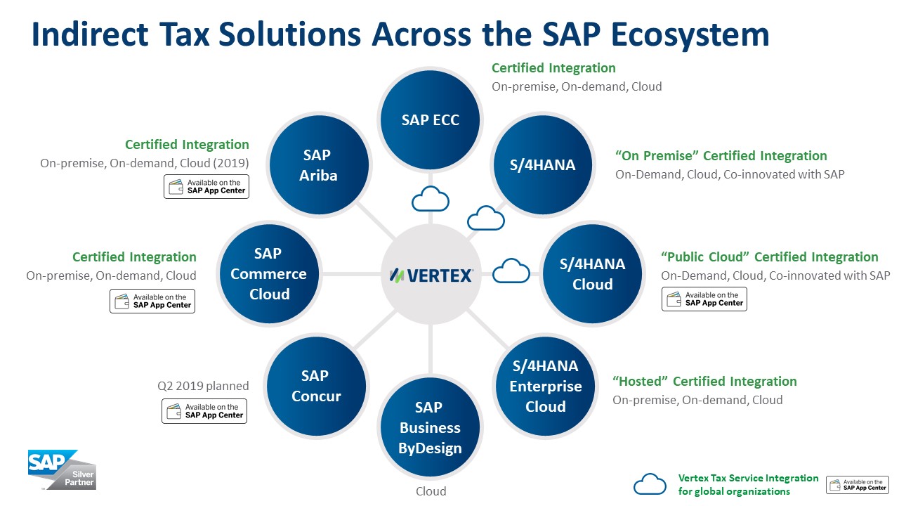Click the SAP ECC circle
(x=430, y=119)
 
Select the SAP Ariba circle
(x=319, y=164)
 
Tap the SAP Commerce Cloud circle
(x=269, y=274)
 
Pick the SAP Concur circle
(x=316, y=386)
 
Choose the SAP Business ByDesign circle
(x=430, y=427)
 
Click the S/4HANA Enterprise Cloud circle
(x=545, y=386)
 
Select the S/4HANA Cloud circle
(x=592, y=274)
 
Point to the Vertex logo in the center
(x=431, y=275)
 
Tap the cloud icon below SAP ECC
(x=431, y=199)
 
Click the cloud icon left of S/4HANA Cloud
(x=511, y=271)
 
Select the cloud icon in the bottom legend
(x=650, y=484)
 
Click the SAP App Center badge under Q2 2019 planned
(x=204, y=411)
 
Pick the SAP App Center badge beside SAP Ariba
(x=206, y=186)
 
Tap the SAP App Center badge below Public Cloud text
(x=704, y=299)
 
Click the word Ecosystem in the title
(x=655, y=34)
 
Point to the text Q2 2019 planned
(x=203, y=386)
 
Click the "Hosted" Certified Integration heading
(x=704, y=381)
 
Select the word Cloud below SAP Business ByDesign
(x=431, y=491)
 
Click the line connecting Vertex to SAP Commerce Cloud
(x=352, y=274)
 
